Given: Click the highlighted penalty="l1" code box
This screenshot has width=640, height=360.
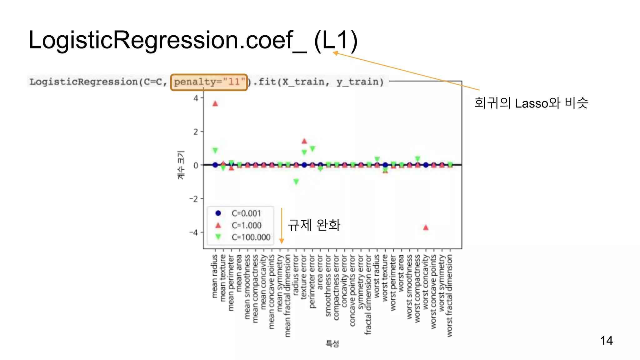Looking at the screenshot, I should (x=209, y=82).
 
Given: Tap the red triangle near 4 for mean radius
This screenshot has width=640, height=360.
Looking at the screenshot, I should (x=215, y=104).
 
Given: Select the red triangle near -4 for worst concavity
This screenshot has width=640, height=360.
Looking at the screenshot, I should (x=426, y=227).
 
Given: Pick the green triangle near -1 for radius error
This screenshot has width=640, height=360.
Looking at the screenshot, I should (x=296, y=182).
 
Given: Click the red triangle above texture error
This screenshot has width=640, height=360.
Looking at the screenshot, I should (x=304, y=141).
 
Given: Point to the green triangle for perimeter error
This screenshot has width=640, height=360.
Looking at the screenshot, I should (x=312, y=149).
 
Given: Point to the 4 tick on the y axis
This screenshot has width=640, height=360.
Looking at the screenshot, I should (x=196, y=98).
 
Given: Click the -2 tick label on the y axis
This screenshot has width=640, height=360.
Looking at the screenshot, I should (x=194, y=199).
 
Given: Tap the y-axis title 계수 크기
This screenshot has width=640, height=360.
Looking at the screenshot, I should (x=181, y=165).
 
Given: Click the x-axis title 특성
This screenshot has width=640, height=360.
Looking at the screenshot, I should (x=332, y=344).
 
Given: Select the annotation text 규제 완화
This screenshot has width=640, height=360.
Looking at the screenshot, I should (x=314, y=225).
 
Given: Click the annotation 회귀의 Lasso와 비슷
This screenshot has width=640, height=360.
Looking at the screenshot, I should (x=531, y=103).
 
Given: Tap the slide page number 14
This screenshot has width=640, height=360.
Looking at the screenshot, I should (x=606, y=341).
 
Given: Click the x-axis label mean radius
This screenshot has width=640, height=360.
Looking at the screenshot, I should (x=215, y=276).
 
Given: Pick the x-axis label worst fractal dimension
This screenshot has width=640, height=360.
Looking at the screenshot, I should (x=450, y=295).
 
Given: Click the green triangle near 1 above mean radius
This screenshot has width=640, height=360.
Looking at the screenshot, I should (x=215, y=151).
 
